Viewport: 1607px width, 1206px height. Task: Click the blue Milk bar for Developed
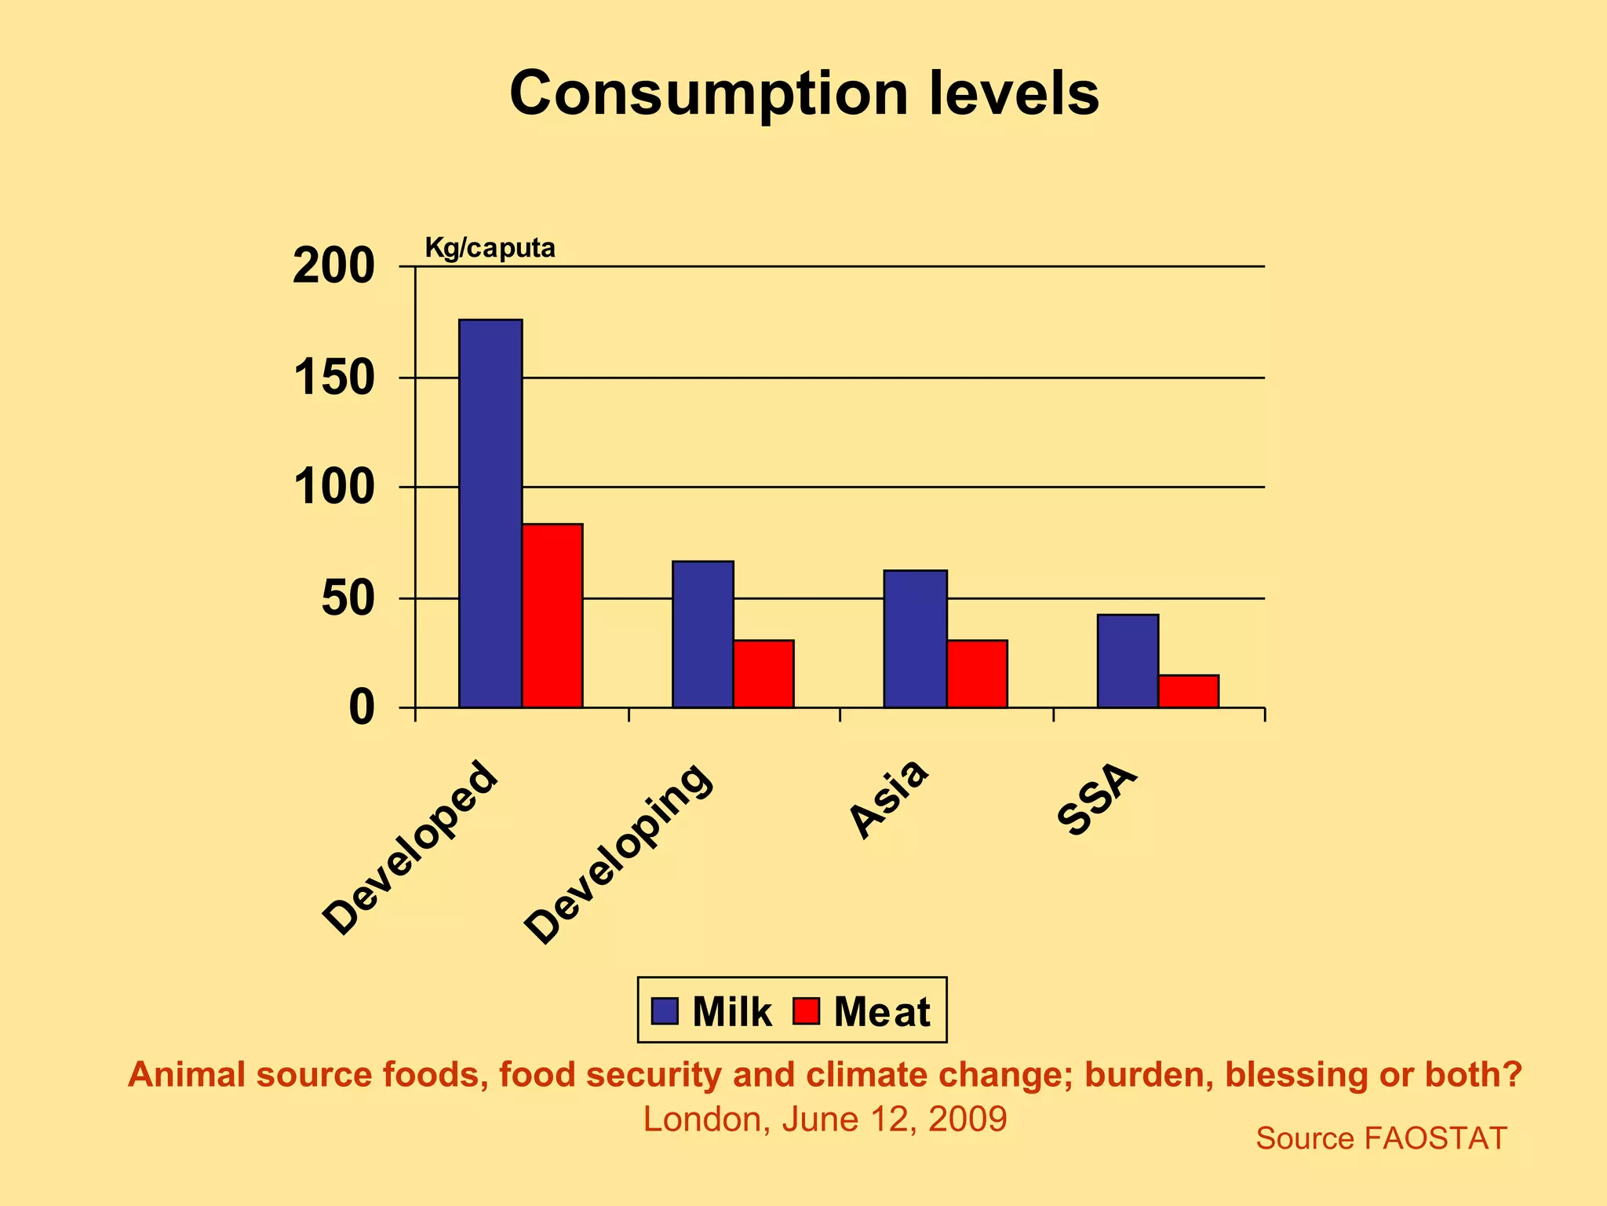click(x=490, y=513)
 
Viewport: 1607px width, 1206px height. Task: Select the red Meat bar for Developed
click(x=552, y=616)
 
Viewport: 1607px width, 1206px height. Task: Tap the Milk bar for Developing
click(x=703, y=634)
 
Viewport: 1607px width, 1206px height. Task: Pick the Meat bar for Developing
click(x=763, y=674)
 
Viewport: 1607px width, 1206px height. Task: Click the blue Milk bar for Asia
click(x=915, y=639)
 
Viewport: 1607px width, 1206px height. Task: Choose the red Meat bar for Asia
click(x=977, y=674)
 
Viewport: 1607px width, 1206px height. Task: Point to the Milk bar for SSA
click(x=1128, y=661)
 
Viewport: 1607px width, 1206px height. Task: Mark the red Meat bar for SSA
click(x=1188, y=691)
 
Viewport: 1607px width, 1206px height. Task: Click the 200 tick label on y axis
click(x=333, y=267)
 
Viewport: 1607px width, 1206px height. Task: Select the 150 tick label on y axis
click(x=333, y=378)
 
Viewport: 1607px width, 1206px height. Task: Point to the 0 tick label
click(x=362, y=708)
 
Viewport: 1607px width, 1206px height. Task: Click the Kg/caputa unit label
click(x=490, y=248)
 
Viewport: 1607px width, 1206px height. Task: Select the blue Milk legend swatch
click(x=665, y=1011)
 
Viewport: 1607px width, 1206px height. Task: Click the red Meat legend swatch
click(x=806, y=1011)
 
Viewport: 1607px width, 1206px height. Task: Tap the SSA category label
click(x=1096, y=802)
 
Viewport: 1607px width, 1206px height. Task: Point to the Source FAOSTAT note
click(x=1381, y=1138)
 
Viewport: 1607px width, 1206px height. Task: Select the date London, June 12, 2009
click(x=824, y=1119)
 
